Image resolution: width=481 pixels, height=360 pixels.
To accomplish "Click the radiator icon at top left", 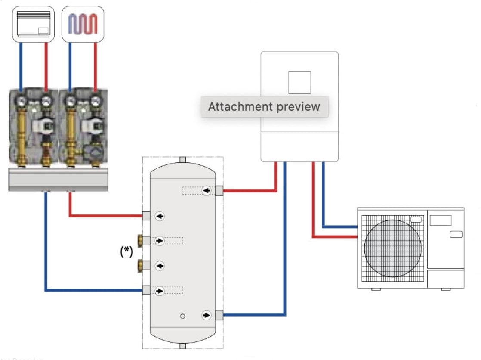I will click(x=34, y=24).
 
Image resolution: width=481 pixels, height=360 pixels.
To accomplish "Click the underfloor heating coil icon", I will click(x=83, y=24).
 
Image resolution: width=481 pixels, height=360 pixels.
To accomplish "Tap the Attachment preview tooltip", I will click(x=264, y=107).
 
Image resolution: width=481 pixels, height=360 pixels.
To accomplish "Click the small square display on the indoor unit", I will click(x=299, y=82).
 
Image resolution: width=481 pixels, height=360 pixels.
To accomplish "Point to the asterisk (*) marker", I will click(x=126, y=252).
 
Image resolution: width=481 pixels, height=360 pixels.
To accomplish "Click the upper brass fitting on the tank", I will click(x=140, y=240).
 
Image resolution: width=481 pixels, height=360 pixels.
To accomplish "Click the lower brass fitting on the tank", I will click(x=140, y=266).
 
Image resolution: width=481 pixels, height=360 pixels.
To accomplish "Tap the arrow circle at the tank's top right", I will click(x=207, y=190).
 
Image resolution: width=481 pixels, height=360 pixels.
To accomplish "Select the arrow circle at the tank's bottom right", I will click(x=207, y=316).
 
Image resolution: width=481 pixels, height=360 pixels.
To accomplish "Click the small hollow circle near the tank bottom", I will click(x=183, y=316).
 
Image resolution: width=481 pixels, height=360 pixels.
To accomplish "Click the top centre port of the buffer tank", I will click(x=182, y=160).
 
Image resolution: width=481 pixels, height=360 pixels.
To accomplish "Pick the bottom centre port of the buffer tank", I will click(x=182, y=346).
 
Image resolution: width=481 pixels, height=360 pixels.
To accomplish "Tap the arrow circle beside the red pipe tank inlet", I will click(x=160, y=216).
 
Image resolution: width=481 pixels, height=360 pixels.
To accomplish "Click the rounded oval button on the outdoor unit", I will click(x=456, y=234).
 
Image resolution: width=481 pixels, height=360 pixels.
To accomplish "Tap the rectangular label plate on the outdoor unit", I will click(x=440, y=220).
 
